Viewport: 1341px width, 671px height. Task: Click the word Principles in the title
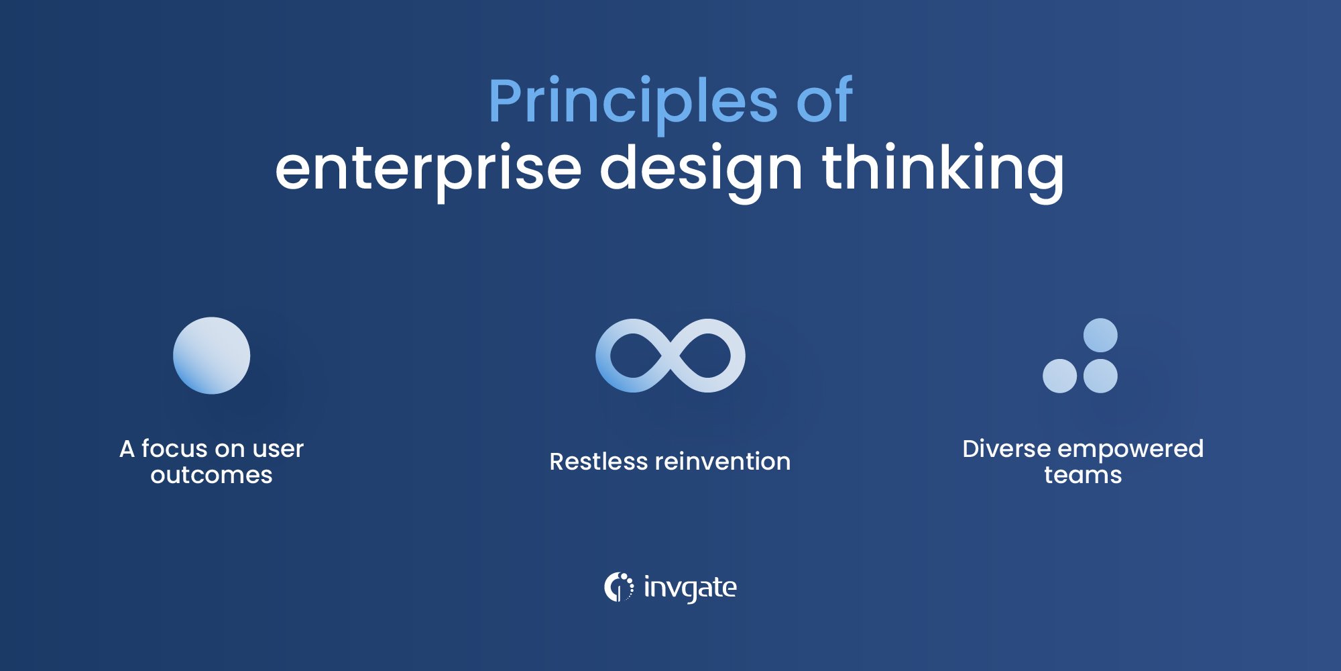pos(632,102)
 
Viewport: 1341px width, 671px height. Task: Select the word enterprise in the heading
pos(428,169)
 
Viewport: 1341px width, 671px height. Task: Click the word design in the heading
pos(701,169)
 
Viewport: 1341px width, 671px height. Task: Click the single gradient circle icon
pos(211,356)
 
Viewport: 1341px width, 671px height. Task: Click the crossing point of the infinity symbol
pos(670,356)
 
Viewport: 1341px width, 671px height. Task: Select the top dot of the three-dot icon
pos(1100,335)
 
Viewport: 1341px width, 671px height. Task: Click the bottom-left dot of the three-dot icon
pos(1059,376)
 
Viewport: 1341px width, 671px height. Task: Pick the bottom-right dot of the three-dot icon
pos(1100,376)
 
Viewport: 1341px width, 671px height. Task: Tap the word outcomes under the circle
pos(211,475)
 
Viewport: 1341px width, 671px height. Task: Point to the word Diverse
pos(1006,448)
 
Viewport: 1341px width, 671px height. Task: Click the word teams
pos(1082,475)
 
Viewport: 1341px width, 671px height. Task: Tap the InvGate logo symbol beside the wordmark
pos(618,587)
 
